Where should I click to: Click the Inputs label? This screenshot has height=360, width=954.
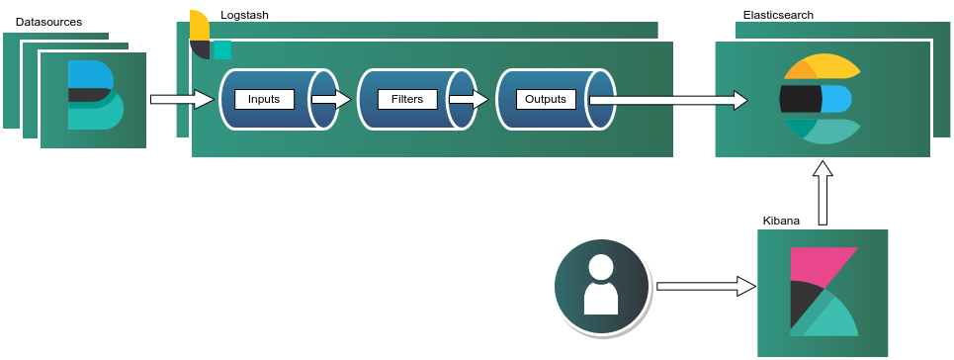(x=264, y=99)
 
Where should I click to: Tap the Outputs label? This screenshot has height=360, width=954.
(x=546, y=99)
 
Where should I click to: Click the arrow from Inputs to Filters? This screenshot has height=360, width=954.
(x=331, y=99)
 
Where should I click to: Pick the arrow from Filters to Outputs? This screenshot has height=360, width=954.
(x=470, y=99)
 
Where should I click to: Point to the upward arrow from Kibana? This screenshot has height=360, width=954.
(x=823, y=194)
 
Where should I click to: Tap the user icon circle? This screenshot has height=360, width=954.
(x=601, y=286)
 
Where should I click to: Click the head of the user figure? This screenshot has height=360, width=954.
(x=601, y=266)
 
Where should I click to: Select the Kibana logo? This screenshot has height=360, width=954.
(x=824, y=292)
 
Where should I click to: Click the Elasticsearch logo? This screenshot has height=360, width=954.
(x=821, y=99)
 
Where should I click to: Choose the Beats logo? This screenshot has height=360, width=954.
(x=95, y=95)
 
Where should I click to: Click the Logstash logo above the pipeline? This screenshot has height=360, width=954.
(x=208, y=36)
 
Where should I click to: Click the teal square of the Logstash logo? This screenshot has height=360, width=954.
(x=222, y=50)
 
